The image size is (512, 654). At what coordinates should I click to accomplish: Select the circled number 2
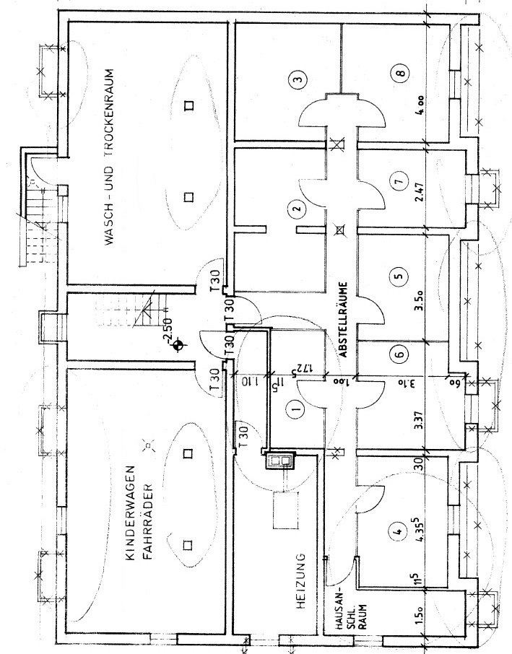(295, 211)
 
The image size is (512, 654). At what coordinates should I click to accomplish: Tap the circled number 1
(294, 411)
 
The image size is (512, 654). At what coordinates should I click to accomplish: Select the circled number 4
(395, 535)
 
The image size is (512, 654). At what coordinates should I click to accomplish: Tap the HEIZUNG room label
(304, 583)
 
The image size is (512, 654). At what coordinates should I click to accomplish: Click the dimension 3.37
(419, 420)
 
